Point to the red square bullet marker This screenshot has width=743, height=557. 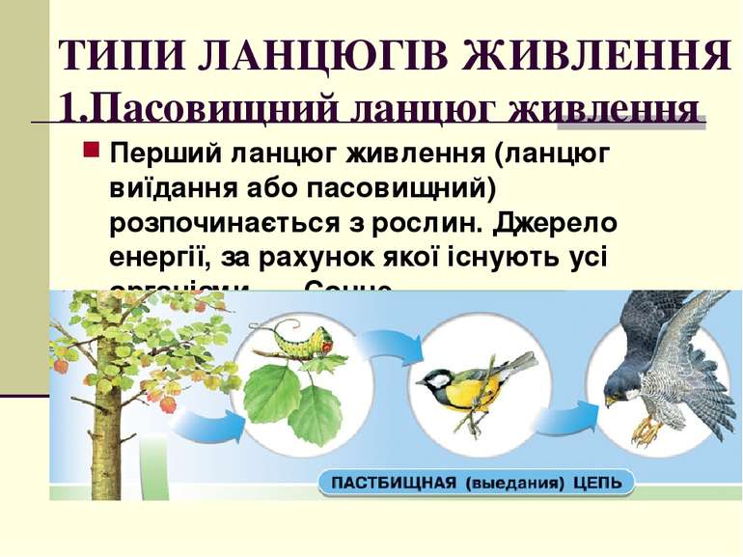[92, 152]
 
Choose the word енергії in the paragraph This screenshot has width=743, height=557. [159, 258]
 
